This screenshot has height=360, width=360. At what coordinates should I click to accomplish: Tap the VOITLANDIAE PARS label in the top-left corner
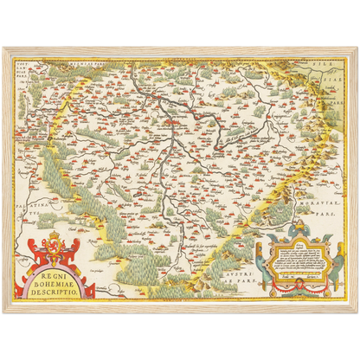coord(25,65)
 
